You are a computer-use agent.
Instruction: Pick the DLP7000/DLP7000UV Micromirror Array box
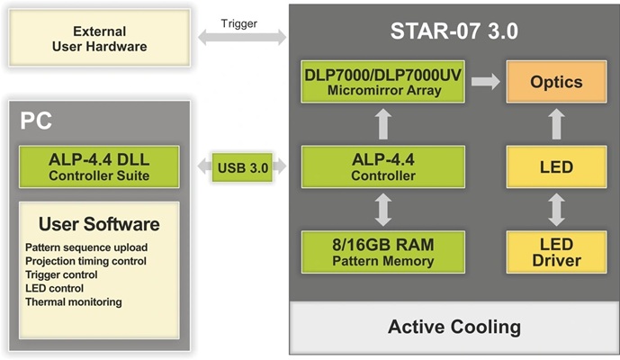pos(382,81)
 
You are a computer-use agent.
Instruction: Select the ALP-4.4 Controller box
pos(382,166)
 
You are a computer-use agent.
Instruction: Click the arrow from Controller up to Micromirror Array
pos(382,124)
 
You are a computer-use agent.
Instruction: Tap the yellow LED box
pos(556,166)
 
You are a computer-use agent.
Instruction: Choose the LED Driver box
pos(556,251)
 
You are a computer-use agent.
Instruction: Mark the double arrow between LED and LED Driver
pos(556,209)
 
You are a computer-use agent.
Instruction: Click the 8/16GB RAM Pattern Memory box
pos(382,251)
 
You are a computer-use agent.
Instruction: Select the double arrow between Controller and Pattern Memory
pos(382,209)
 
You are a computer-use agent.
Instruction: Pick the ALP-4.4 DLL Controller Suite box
pos(99,166)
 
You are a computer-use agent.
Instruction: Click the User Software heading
pos(99,224)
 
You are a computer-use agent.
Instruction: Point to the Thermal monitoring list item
pos(74,302)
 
